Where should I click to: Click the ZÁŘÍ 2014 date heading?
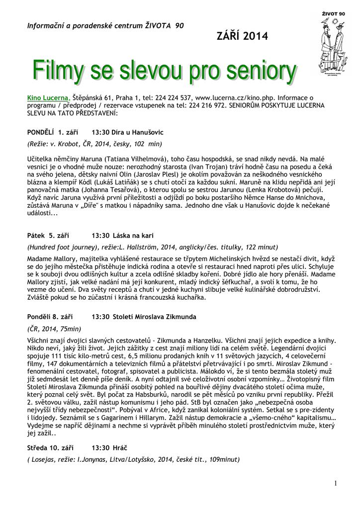[x=242, y=36]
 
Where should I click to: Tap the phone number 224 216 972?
[x=205, y=106]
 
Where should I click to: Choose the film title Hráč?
[x=122, y=448]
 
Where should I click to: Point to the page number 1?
[x=336, y=483]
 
